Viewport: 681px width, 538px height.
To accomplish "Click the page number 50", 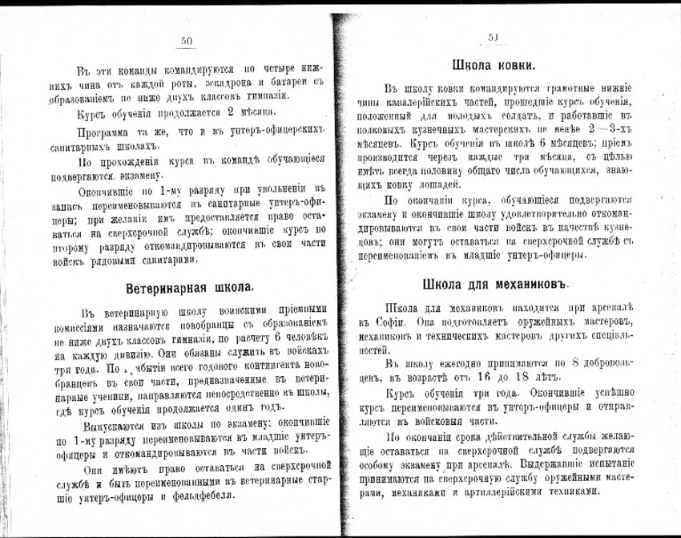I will (186, 41).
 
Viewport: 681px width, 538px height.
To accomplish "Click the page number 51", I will (493, 38).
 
